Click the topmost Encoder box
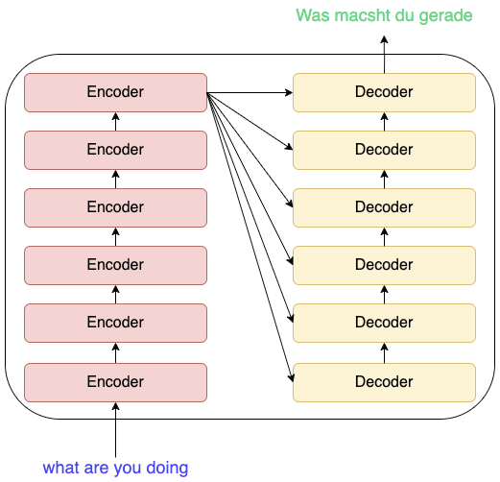(115, 92)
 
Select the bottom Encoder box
(115, 382)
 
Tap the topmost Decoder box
(384, 92)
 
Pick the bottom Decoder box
(384, 382)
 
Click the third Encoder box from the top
(115, 207)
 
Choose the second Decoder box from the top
(384, 150)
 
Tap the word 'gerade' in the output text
(445, 16)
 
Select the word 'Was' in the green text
(313, 15)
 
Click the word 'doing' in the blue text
(167, 469)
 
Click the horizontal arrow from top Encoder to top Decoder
(250, 93)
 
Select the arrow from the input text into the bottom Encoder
(115, 429)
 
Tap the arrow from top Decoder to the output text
(384, 55)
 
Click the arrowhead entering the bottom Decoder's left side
(291, 378)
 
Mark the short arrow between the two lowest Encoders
(115, 352)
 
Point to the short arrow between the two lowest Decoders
(384, 352)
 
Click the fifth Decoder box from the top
(384, 323)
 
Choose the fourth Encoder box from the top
(115, 265)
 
